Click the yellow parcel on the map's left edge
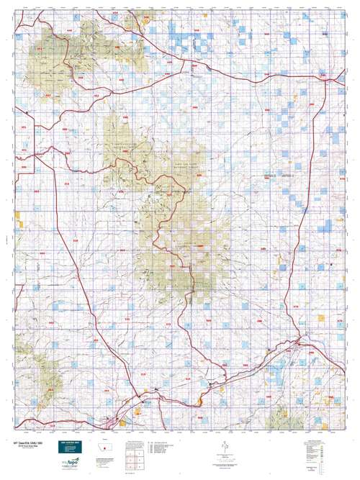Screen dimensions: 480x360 (x=22, y=224)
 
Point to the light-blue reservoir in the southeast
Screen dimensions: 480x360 (x=277, y=374)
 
